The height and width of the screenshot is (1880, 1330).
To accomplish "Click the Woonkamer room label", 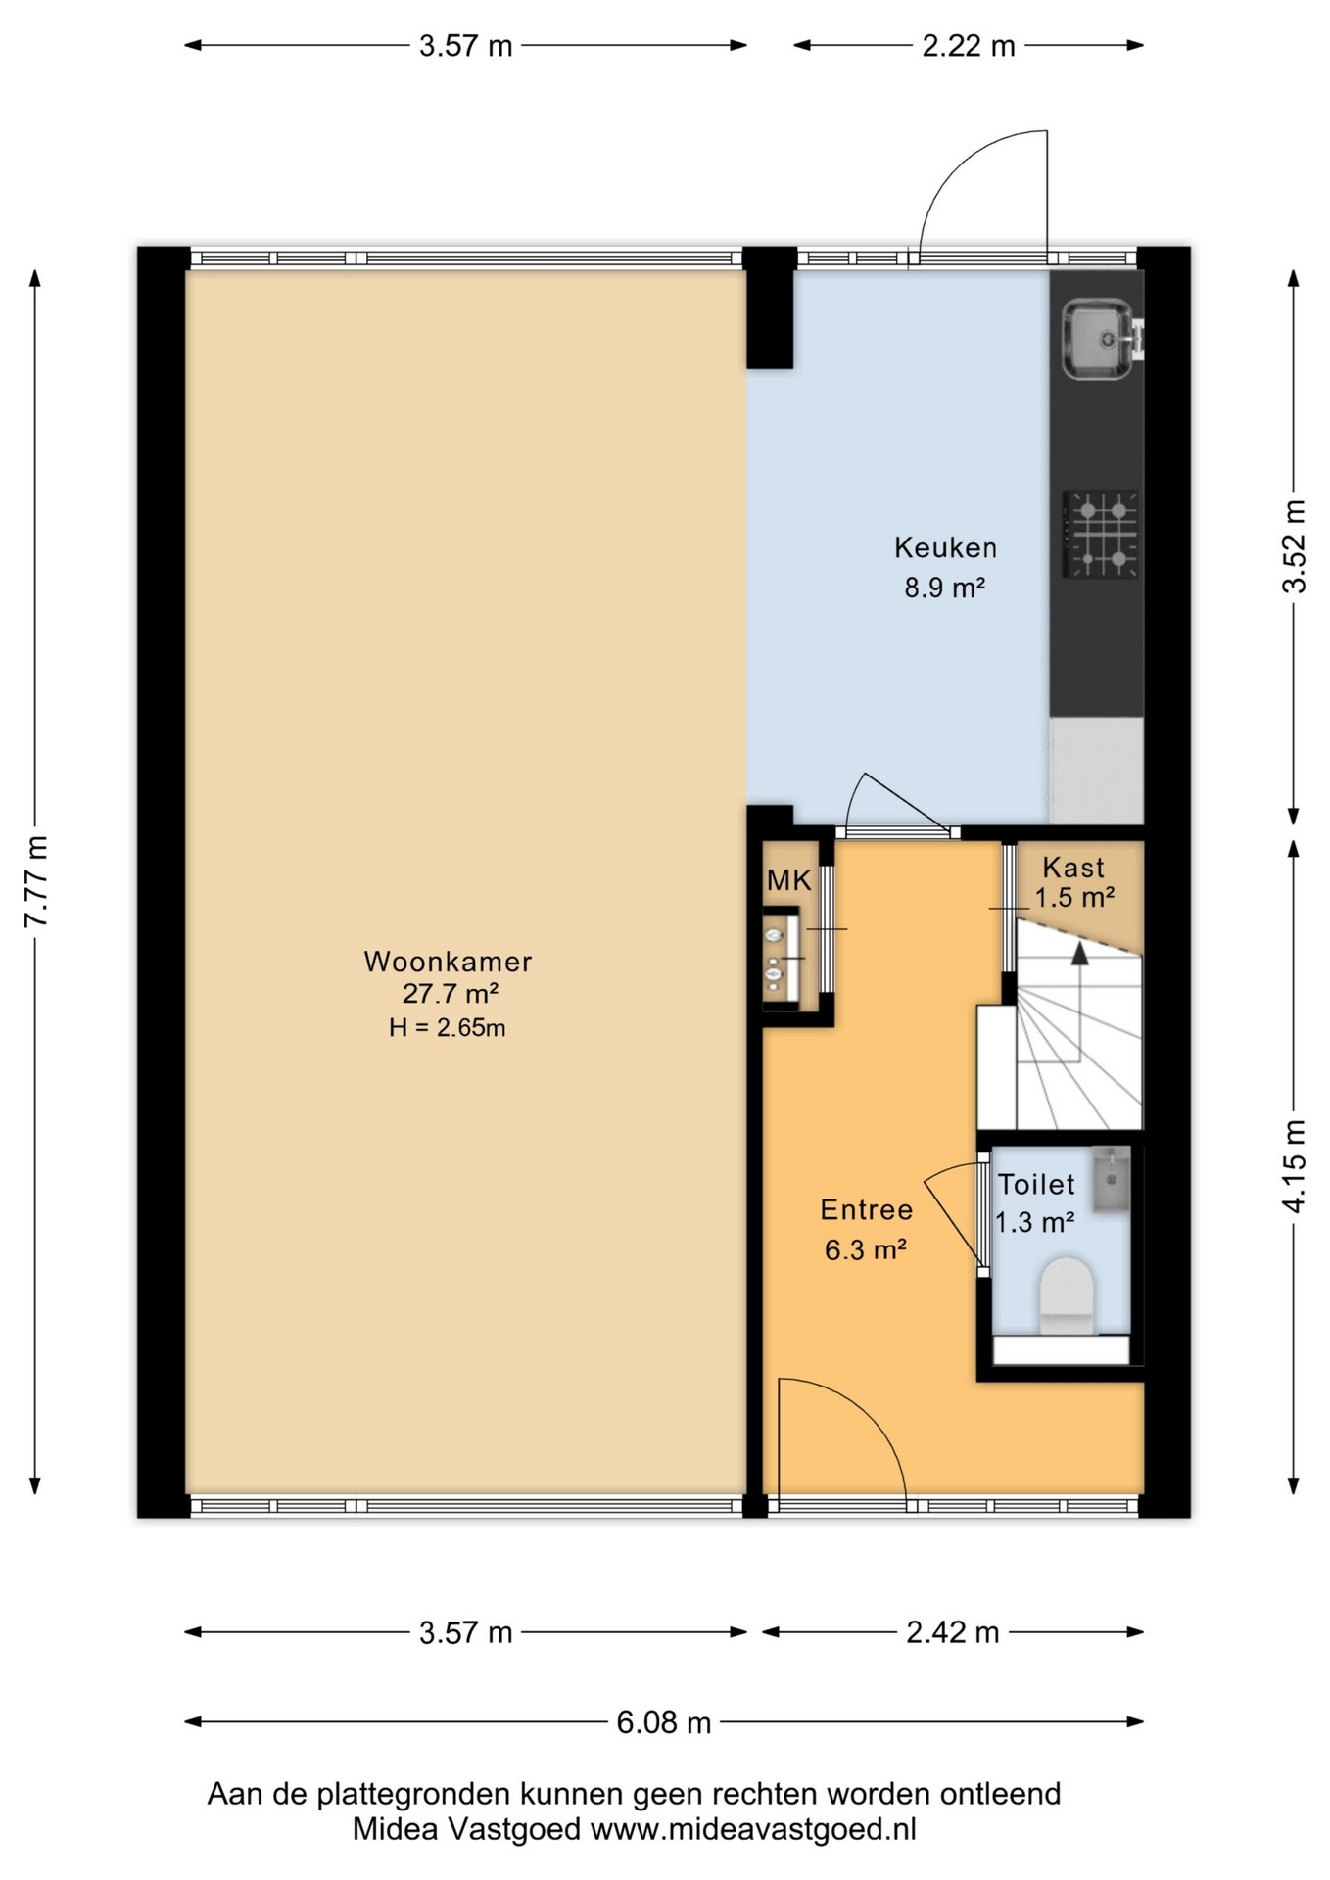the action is pos(448,962).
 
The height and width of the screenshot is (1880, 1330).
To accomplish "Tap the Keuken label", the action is pos(945,547).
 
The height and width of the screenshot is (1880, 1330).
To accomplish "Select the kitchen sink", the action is pos(1098,339).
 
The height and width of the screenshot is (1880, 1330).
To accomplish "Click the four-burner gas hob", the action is pos(1101,534).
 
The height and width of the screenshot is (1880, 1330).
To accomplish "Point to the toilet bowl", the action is pos(1066,1295).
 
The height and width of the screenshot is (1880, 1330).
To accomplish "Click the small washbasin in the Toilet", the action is pos(1111,1180).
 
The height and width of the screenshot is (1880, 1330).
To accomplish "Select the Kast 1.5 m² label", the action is pos(1074,881).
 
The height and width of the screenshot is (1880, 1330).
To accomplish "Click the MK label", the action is pos(788,880).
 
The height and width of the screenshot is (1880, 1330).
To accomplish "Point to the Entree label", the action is pos(867,1210).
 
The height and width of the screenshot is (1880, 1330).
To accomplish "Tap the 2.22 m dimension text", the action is pos(969,46).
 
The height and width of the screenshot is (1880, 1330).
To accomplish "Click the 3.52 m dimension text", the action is pos(1294,546).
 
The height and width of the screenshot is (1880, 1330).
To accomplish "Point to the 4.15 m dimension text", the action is pos(1294,1166).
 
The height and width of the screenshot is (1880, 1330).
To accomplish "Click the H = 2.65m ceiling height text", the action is pos(447,1027).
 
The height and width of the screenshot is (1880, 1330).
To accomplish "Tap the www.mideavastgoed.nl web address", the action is pos(753,1829).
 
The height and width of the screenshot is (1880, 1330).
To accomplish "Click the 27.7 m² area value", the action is pos(451,994).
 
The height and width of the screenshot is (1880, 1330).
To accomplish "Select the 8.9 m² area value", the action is pos(944,587).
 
